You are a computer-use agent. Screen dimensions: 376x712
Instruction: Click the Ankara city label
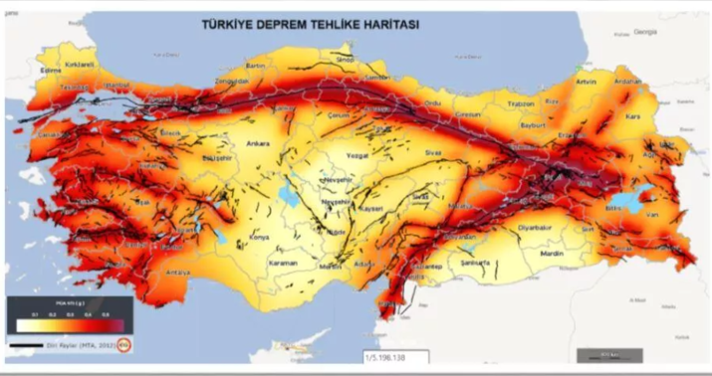[258, 141]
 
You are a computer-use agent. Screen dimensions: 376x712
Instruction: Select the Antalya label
[177, 273]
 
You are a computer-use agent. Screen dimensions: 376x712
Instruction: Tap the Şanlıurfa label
[476, 263]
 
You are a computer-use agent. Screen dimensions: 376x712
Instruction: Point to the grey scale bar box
[608, 353]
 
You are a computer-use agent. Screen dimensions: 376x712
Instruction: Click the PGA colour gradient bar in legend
[68, 322]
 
